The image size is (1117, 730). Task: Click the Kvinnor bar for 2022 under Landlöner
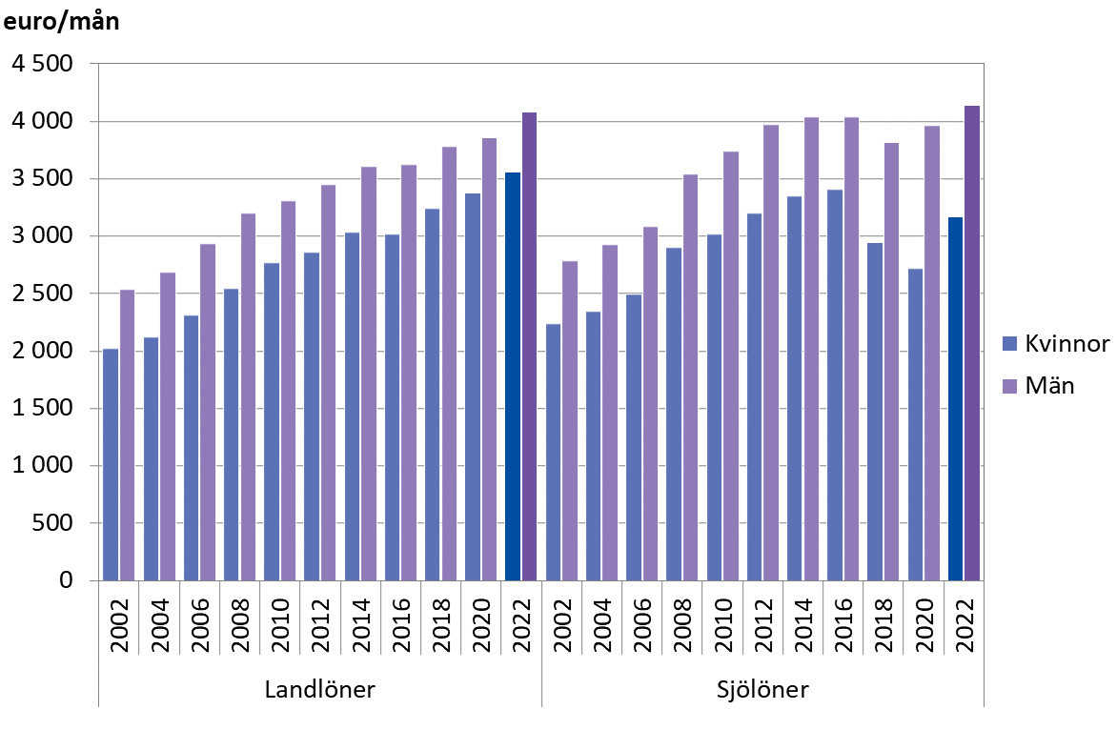(513, 376)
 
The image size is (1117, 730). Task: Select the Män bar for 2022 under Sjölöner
(972, 343)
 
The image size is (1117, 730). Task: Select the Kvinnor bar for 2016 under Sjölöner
(834, 385)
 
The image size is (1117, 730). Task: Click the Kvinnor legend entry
(1055, 344)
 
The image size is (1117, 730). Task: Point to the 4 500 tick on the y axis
(42, 65)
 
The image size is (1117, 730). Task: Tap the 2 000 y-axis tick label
(42, 352)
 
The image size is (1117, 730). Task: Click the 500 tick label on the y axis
(53, 523)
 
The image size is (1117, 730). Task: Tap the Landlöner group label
(319, 690)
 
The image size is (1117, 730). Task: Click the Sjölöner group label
(762, 690)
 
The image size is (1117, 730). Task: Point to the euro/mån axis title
(63, 22)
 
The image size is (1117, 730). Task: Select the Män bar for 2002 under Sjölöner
(569, 420)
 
